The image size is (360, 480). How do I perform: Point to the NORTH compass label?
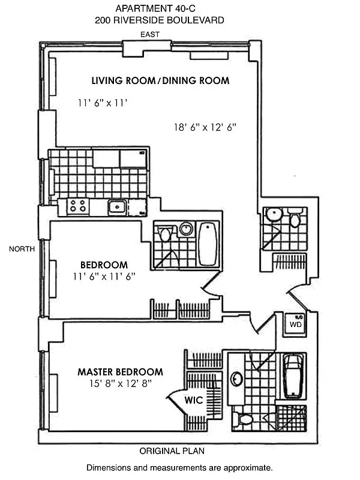tap(22, 248)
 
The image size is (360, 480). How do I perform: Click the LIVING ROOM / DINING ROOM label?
tap(160, 80)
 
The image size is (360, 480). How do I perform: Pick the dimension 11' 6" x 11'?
tap(104, 103)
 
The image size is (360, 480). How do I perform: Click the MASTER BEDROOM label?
tap(128, 372)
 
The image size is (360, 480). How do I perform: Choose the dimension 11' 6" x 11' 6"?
tap(104, 277)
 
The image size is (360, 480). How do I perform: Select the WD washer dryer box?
tap(295, 325)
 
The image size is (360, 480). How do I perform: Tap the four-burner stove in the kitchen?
tap(77, 206)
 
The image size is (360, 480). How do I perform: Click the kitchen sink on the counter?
tap(116, 208)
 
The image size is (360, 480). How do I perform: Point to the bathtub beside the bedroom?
tap(208, 243)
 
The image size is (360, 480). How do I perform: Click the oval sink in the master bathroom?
tap(237, 379)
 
